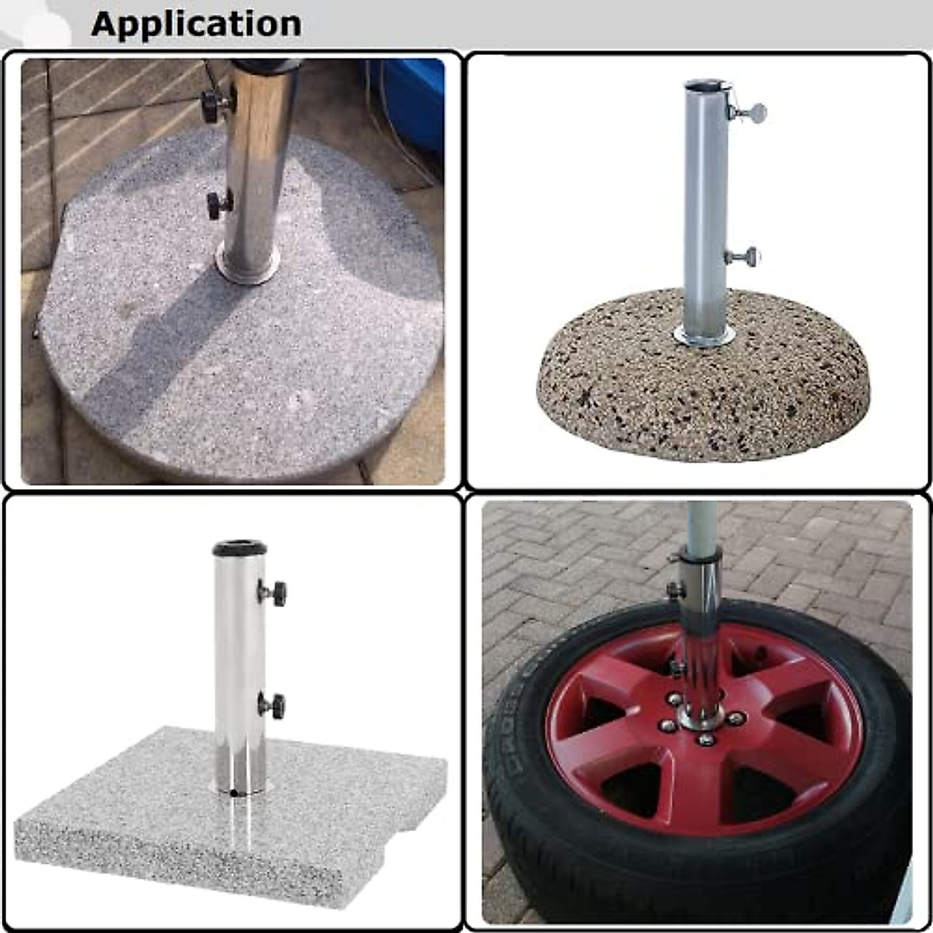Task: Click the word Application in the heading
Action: [x=196, y=24]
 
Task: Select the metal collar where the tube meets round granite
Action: [x=247, y=268]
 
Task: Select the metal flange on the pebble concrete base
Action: [x=704, y=337]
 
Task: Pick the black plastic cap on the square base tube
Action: [x=239, y=548]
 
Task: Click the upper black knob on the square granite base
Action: [x=275, y=593]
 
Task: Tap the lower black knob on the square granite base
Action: [x=274, y=705]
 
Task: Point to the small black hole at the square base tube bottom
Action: [x=234, y=794]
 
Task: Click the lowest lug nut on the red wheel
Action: [x=705, y=739]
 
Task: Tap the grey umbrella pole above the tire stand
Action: [x=701, y=525]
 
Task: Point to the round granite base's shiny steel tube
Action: [x=257, y=163]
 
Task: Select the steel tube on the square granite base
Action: [x=239, y=669]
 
